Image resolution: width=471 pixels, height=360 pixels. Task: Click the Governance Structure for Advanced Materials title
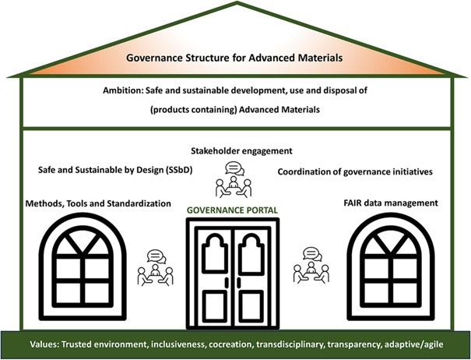pos(235,58)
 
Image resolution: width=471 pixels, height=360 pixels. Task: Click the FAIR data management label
pos(390,203)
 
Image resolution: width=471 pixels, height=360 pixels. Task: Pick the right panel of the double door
pos(254,269)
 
